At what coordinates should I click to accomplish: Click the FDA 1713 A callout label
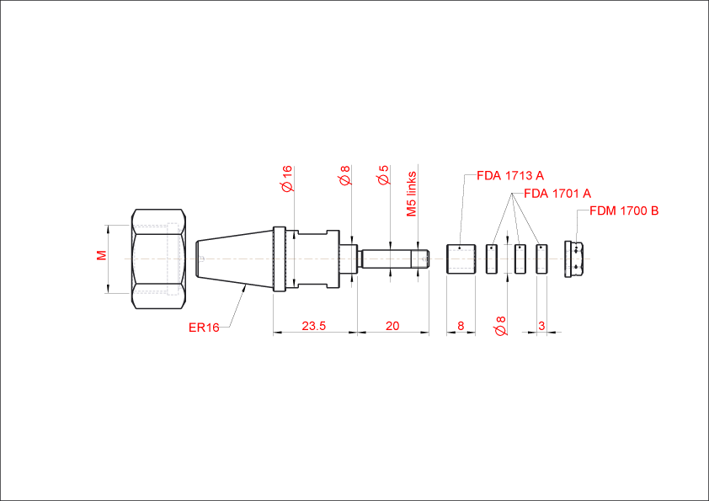(510, 175)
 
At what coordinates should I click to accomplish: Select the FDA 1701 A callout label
(557, 194)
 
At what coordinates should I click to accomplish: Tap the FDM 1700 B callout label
(624, 211)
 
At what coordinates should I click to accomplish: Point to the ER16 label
(204, 328)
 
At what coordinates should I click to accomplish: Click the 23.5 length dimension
(314, 326)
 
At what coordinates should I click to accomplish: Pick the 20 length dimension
(392, 326)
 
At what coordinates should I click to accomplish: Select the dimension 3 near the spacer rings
(541, 326)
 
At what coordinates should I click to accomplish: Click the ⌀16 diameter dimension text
(287, 179)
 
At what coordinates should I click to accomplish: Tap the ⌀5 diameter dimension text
(383, 175)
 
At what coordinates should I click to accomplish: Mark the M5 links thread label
(412, 194)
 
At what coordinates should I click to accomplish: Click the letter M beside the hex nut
(102, 255)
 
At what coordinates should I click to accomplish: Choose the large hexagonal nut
(158, 259)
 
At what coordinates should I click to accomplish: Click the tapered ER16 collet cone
(234, 259)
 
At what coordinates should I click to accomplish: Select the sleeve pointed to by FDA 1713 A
(461, 259)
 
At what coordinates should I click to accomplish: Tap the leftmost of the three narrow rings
(492, 259)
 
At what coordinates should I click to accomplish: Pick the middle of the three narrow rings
(520, 259)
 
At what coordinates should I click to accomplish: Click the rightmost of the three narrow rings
(541, 259)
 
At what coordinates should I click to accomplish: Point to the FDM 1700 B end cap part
(574, 259)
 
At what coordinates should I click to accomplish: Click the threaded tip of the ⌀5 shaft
(420, 259)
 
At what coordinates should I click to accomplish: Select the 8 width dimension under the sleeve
(461, 326)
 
